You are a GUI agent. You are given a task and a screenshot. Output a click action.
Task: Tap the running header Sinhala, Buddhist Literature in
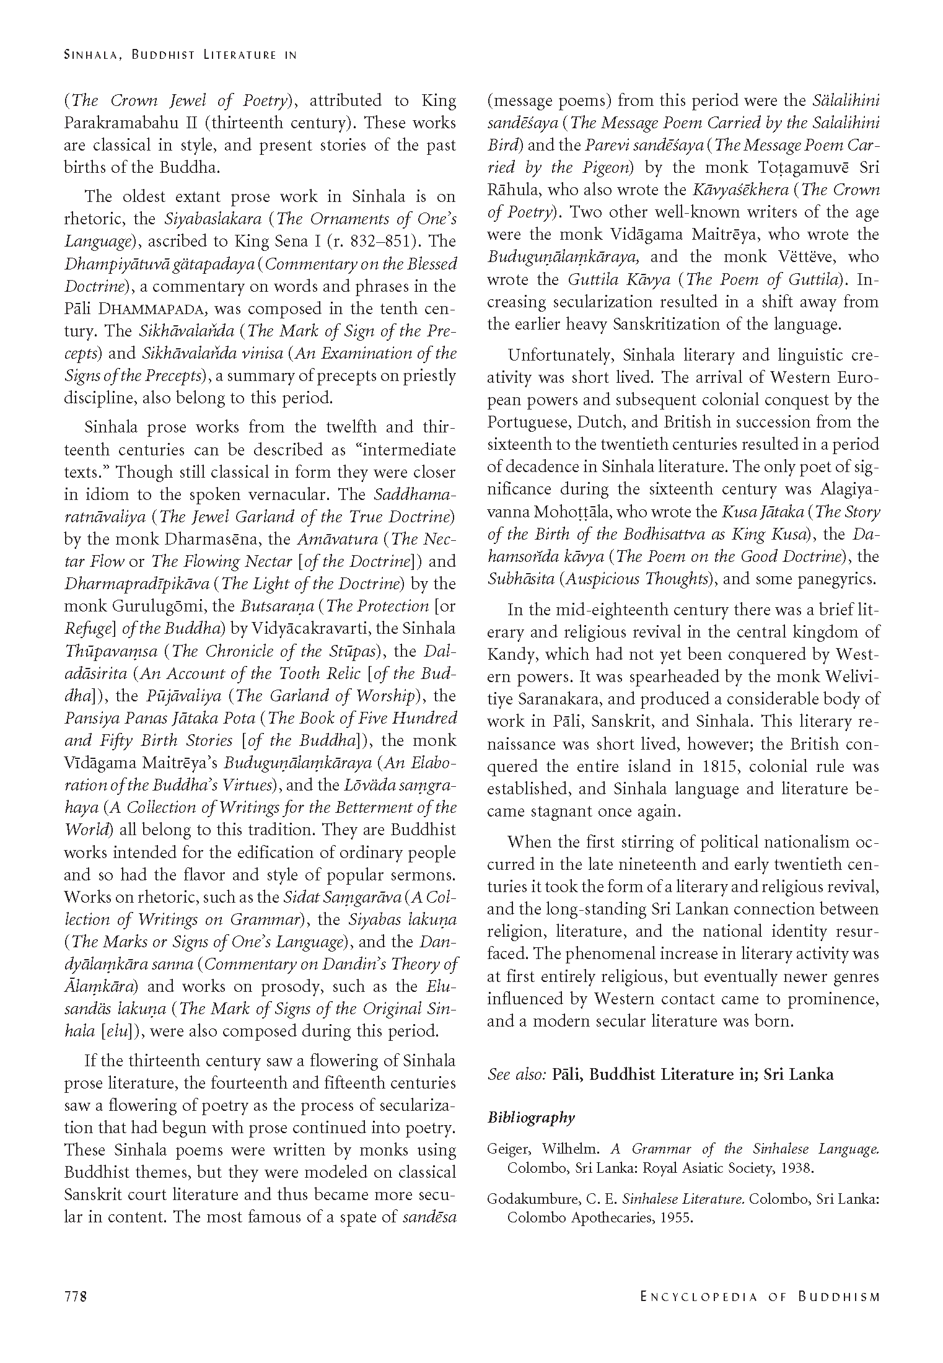click(x=180, y=55)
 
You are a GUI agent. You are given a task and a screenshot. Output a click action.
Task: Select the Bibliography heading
click(x=531, y=1118)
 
